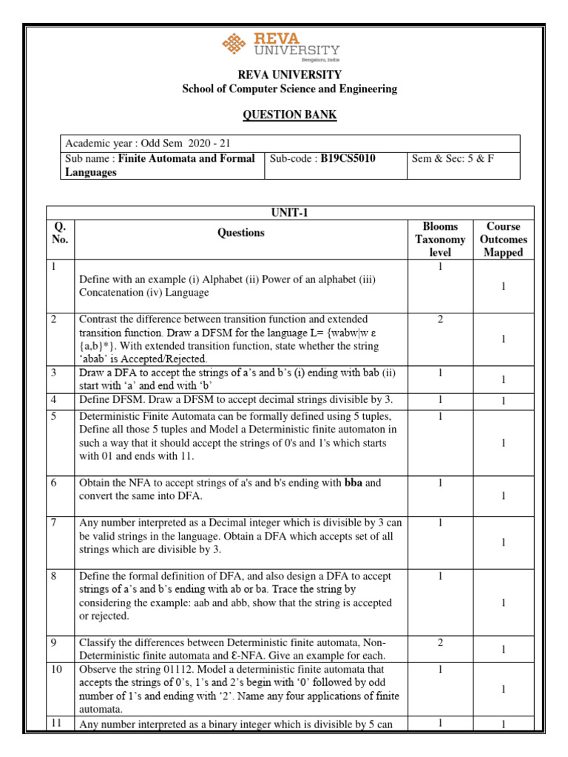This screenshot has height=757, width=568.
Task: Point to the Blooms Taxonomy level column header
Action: point(439,239)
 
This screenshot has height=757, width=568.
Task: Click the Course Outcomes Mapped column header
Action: point(503,239)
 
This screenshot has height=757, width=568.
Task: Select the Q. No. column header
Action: point(59,232)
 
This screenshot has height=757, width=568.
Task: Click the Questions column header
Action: point(240,232)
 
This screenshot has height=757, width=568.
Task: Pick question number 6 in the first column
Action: point(54,482)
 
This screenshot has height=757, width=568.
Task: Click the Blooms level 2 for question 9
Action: point(439,642)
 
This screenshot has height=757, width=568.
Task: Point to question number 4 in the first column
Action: point(54,400)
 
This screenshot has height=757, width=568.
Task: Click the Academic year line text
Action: point(152,143)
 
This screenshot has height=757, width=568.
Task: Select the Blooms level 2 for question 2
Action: point(439,319)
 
